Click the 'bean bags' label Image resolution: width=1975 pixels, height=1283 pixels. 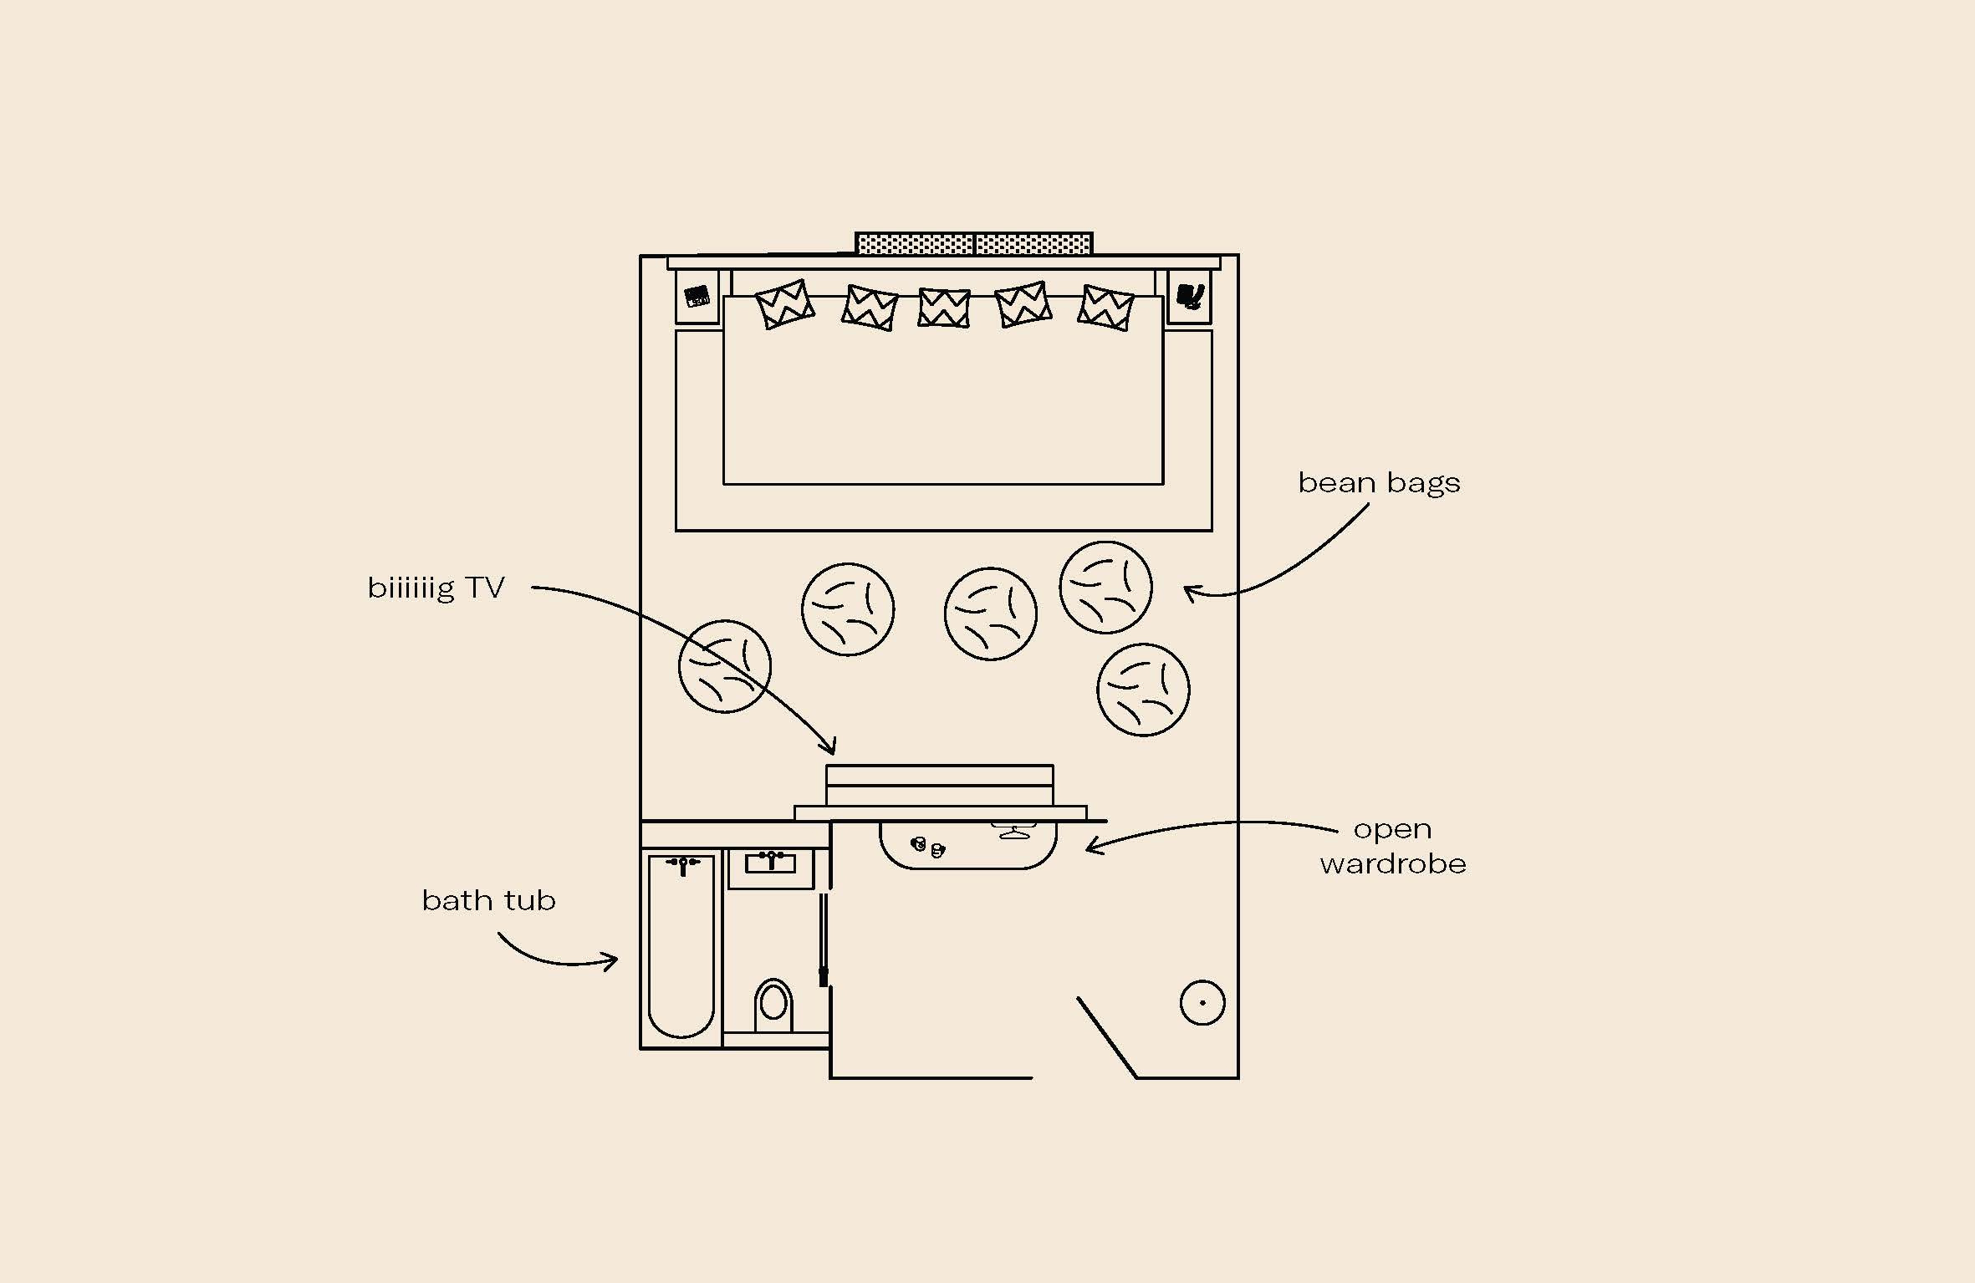click(x=1379, y=483)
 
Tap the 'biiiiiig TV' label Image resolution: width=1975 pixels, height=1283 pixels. click(x=436, y=588)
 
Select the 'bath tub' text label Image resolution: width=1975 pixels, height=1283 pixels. click(x=488, y=900)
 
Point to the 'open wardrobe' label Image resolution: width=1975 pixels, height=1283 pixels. click(x=1393, y=846)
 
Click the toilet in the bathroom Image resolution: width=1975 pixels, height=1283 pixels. click(x=773, y=1005)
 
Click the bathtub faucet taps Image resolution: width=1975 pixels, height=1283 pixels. click(x=683, y=863)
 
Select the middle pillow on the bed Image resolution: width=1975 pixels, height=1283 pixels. click(x=944, y=308)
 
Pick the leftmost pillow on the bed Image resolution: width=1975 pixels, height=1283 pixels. click(x=784, y=304)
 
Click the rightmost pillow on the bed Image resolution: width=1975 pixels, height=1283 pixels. click(x=1105, y=308)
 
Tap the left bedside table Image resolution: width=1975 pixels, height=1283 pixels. click(x=697, y=297)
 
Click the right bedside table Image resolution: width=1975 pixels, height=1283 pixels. click(x=1189, y=297)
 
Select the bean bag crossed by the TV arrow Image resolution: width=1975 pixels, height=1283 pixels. click(x=724, y=666)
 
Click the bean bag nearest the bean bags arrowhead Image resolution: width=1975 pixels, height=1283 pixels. click(x=1105, y=588)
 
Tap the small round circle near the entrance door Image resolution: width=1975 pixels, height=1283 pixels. click(x=1202, y=1002)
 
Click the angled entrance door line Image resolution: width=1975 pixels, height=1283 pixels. click(x=1107, y=1037)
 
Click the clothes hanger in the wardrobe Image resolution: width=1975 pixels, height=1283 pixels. click(x=1013, y=832)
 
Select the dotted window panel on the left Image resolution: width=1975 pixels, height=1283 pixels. click(x=916, y=244)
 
